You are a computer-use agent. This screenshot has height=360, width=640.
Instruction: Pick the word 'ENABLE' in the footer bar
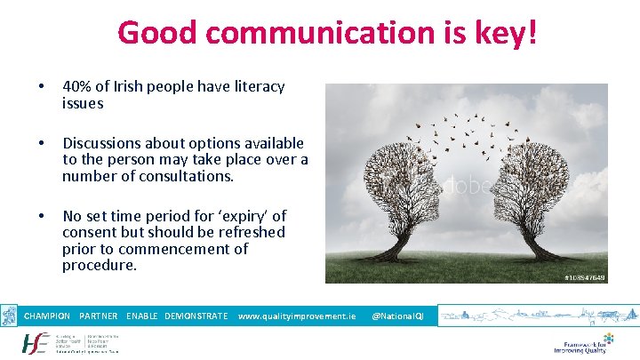(143, 316)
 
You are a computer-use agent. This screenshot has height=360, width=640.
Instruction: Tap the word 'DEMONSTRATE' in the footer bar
(196, 316)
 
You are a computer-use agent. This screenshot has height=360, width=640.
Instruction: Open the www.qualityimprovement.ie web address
(297, 316)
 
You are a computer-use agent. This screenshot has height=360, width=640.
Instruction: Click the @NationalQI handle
(397, 316)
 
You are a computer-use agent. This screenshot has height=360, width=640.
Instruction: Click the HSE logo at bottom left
(36, 343)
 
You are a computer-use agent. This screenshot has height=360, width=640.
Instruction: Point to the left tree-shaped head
(409, 187)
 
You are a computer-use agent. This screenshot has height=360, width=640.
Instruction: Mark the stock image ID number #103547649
(584, 277)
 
